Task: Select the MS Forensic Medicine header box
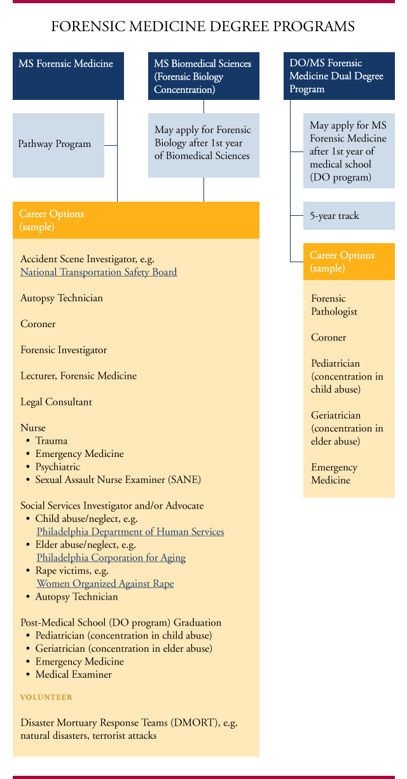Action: (x=68, y=76)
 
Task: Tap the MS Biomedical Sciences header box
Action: (x=203, y=76)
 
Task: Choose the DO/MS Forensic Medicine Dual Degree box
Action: (x=339, y=76)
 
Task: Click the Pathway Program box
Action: (x=58, y=144)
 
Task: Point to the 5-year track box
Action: (x=349, y=216)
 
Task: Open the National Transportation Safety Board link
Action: (x=99, y=272)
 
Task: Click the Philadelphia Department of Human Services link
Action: (x=130, y=532)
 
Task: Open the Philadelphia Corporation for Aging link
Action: (x=111, y=558)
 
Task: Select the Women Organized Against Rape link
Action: (x=105, y=584)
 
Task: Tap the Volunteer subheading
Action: (x=46, y=698)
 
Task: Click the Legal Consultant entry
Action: (x=56, y=402)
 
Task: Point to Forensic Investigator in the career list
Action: (x=64, y=350)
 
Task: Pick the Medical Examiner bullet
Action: (x=74, y=675)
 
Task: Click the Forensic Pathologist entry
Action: (x=335, y=305)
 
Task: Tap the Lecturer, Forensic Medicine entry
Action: (x=78, y=376)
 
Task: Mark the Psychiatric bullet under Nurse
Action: (x=58, y=467)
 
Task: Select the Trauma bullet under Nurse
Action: (x=52, y=441)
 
